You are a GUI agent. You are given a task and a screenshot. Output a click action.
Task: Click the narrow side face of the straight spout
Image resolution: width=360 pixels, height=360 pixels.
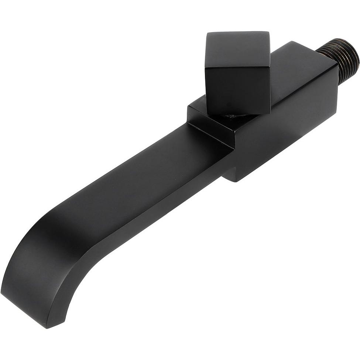[x=155, y=214]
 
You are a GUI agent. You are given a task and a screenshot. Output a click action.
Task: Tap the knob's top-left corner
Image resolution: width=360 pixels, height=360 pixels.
[x=207, y=34]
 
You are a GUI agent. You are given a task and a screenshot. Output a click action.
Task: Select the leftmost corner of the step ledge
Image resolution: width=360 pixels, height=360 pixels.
[x=188, y=107]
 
